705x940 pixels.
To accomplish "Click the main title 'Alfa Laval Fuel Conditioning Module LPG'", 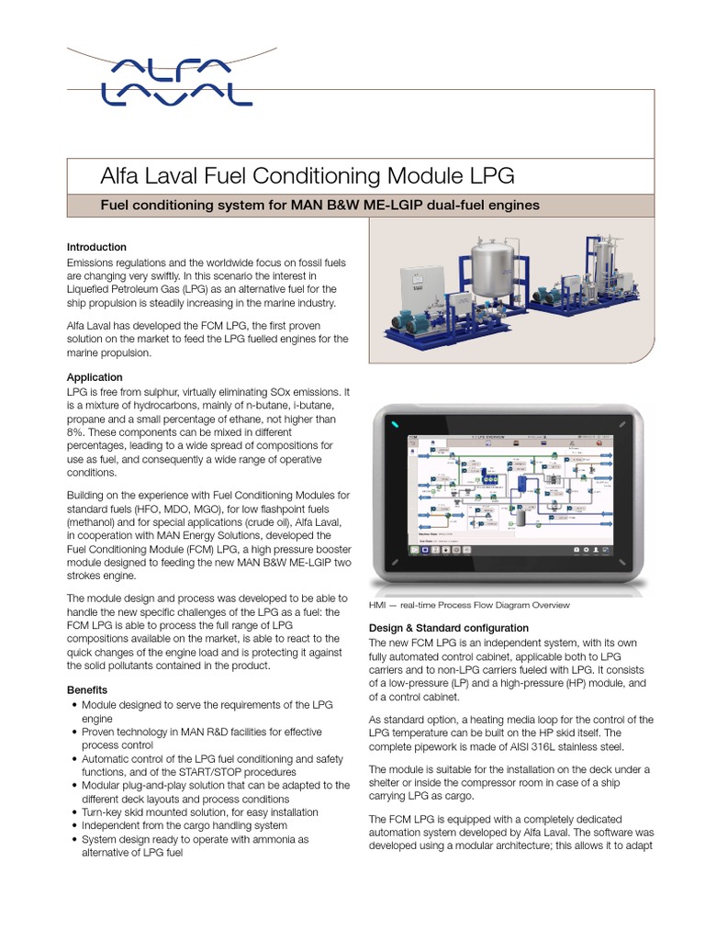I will [x=308, y=175].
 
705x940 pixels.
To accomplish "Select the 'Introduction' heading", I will [x=96, y=247].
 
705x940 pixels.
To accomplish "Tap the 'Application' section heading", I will [x=95, y=377].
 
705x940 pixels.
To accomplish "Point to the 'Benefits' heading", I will [x=87, y=689].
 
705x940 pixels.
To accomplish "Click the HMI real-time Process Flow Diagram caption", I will [x=468, y=605].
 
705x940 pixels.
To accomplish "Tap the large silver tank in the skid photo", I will [x=495, y=267].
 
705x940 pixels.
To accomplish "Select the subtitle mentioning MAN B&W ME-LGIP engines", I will [x=319, y=205].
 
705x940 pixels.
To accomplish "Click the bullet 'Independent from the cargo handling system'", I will [x=185, y=825].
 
